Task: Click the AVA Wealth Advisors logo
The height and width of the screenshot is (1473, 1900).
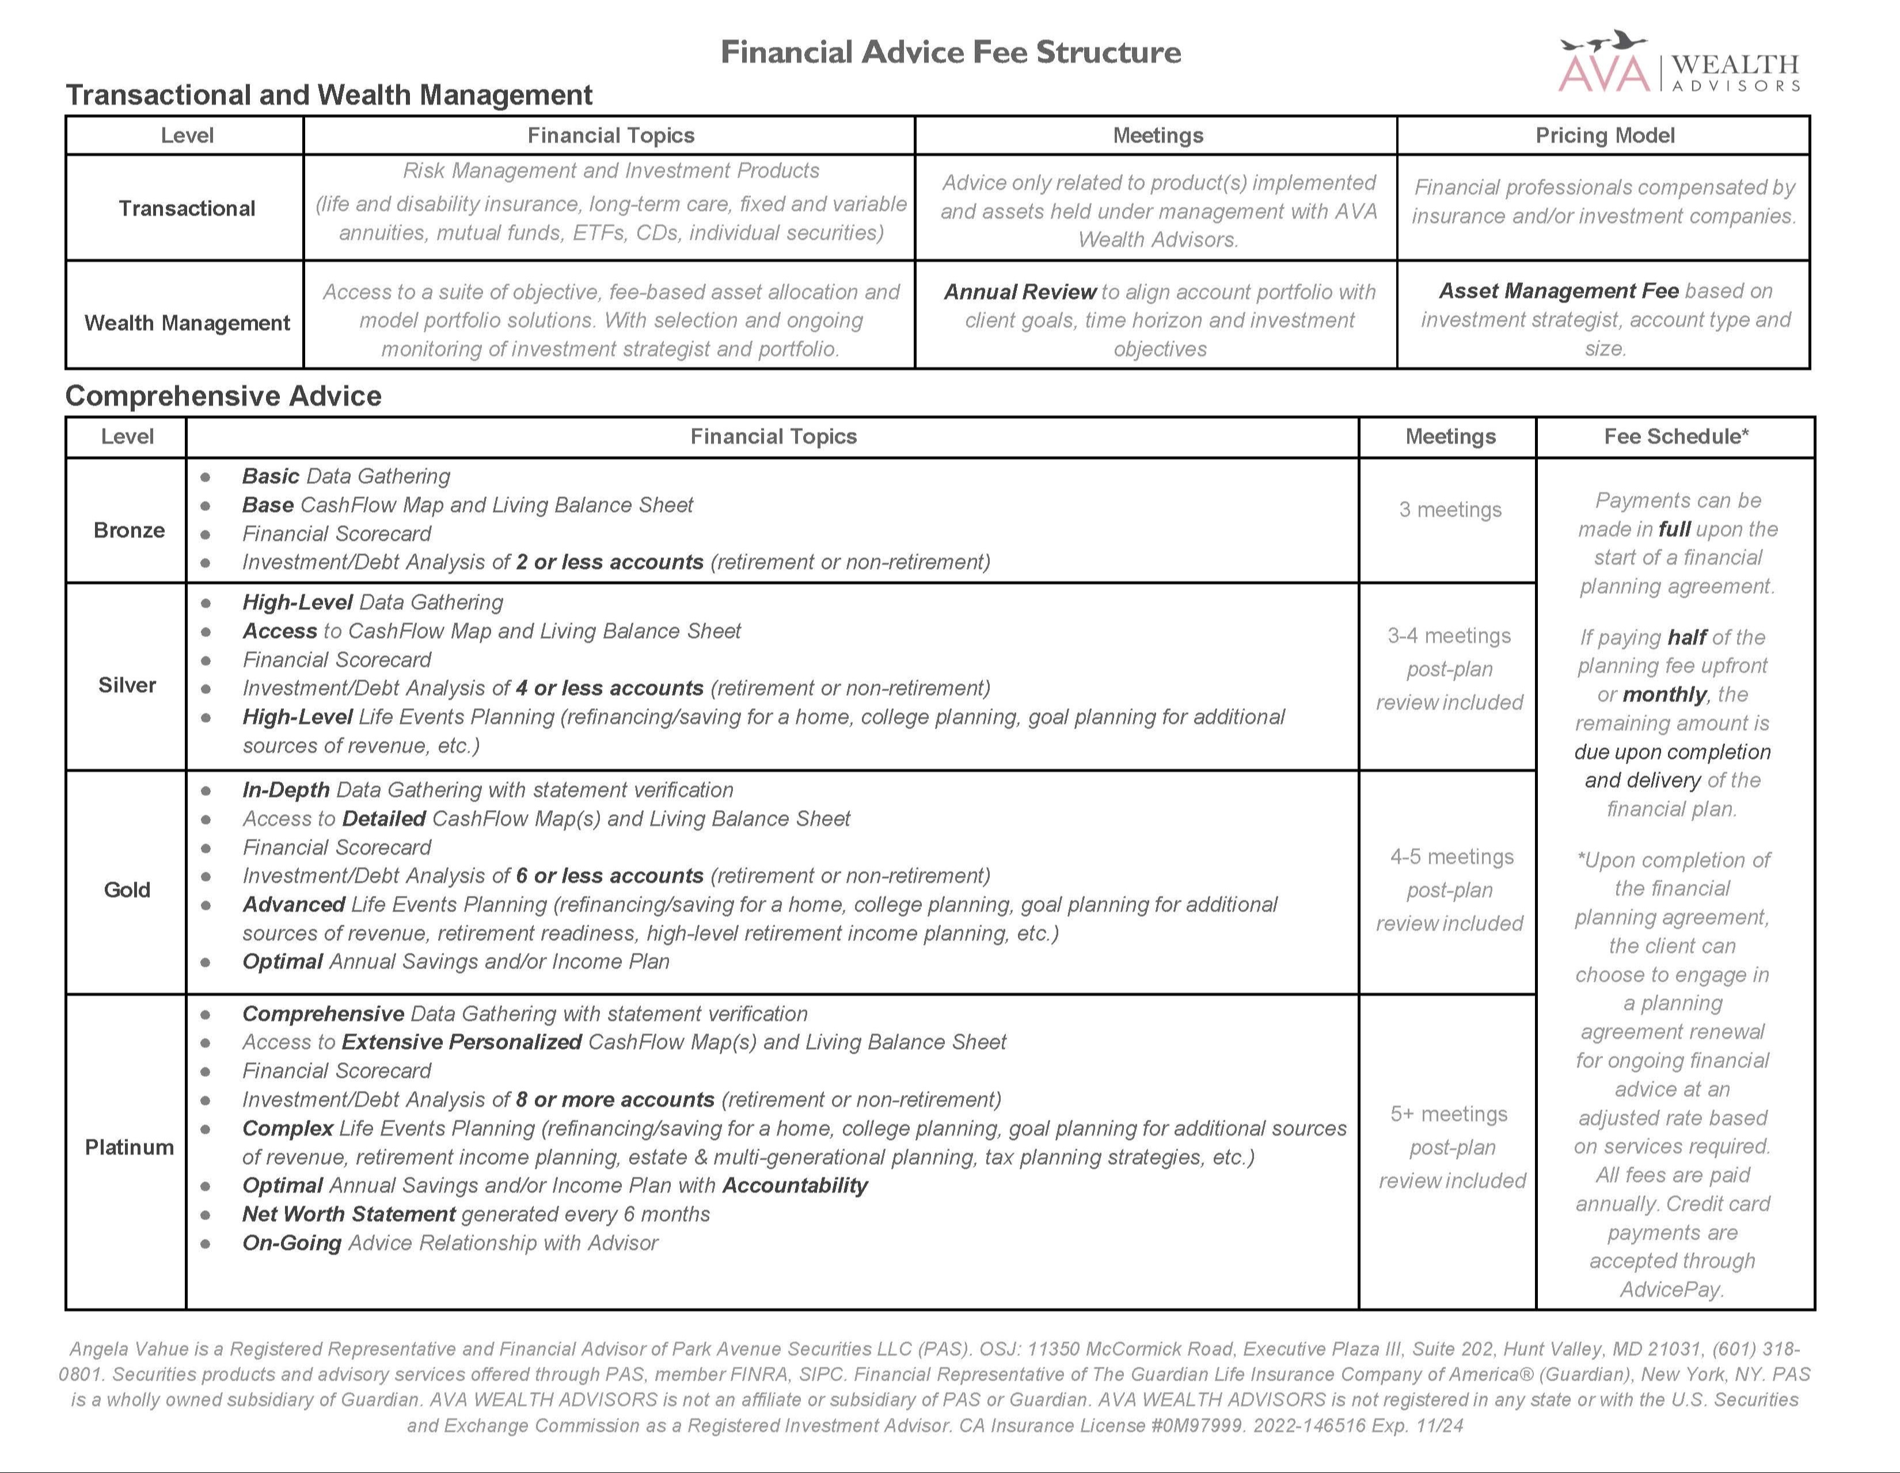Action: (1679, 63)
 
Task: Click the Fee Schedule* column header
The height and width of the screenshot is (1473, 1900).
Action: (1675, 436)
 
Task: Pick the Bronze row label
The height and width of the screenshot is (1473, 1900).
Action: (129, 530)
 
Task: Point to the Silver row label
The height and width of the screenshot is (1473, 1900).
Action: (127, 685)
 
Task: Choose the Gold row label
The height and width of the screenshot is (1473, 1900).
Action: (127, 889)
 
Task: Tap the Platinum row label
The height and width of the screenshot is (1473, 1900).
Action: (129, 1147)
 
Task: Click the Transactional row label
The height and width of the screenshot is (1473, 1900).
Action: (187, 209)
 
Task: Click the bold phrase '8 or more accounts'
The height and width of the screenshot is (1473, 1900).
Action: (614, 1100)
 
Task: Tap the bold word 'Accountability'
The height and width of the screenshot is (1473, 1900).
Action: (795, 1186)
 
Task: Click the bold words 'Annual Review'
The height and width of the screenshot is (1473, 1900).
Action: (1020, 292)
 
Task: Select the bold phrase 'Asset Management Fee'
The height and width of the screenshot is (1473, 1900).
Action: (1558, 291)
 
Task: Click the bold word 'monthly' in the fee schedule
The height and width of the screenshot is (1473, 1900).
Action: (1665, 695)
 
